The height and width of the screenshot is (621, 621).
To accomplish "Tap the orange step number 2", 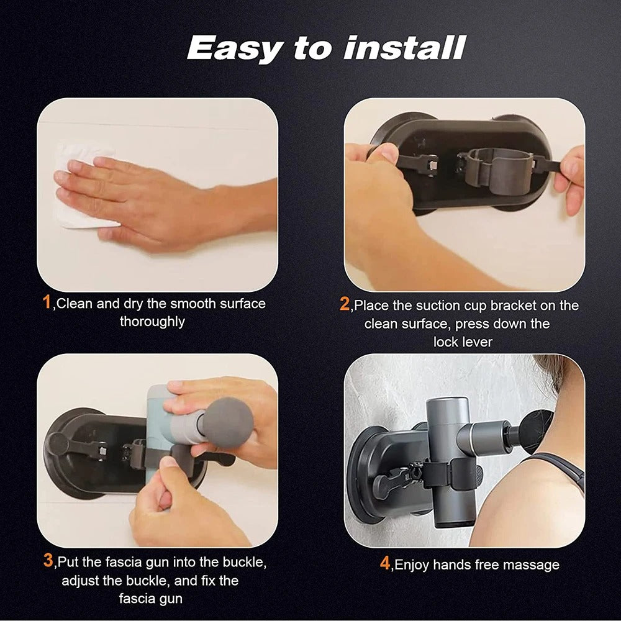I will point(345,305).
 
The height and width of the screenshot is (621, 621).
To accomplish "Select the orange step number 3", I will point(48,561).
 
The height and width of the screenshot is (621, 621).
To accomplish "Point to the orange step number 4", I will point(385,564).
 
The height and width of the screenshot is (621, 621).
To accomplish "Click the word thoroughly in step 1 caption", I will point(152,322).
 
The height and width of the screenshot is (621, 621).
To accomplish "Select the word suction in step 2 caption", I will point(433,306).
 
